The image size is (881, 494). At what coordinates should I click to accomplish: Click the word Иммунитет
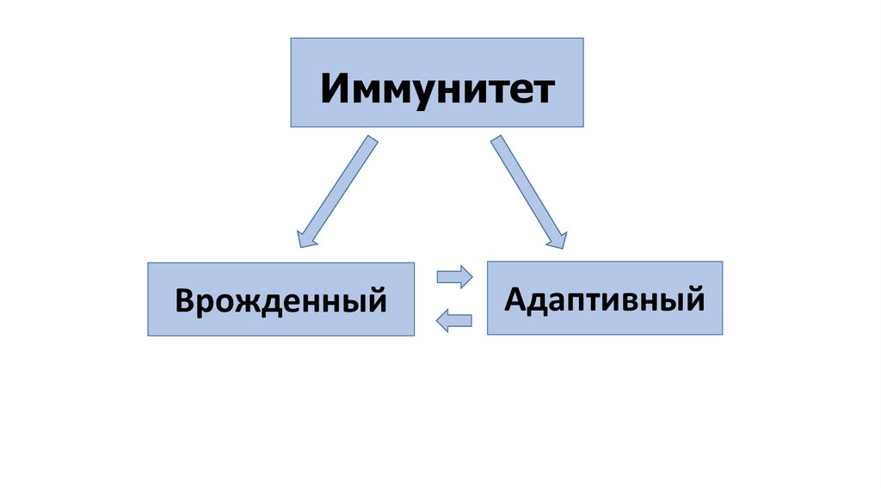pyautogui.click(x=437, y=89)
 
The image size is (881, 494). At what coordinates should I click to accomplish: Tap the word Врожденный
pyautogui.click(x=280, y=301)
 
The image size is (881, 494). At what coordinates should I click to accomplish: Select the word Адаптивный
pyautogui.click(x=604, y=299)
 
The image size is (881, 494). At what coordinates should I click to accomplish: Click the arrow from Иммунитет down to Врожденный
pyautogui.click(x=337, y=190)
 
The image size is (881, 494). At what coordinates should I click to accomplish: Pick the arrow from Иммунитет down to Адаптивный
pyautogui.click(x=527, y=191)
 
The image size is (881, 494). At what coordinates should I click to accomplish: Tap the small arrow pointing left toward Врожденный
pyautogui.click(x=453, y=321)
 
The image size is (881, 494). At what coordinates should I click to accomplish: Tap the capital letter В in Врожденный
pyautogui.click(x=184, y=301)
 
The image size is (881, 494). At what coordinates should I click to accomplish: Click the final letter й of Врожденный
pyautogui.click(x=375, y=301)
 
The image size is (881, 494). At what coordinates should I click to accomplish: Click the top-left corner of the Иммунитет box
pyautogui.click(x=291, y=38)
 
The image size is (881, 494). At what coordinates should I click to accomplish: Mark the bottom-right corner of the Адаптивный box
pyautogui.click(x=722, y=334)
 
